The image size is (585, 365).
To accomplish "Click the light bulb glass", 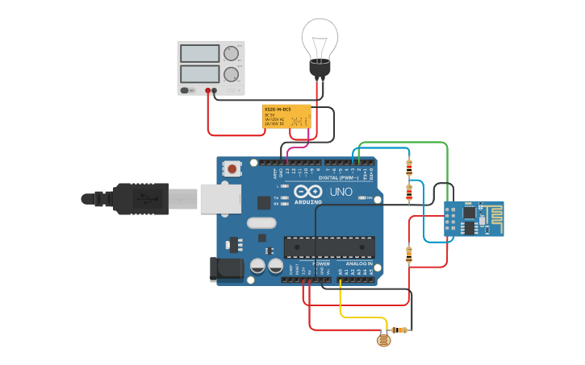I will [320, 38].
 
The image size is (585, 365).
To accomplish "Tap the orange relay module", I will [286, 115].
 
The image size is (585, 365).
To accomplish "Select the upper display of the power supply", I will [199, 53].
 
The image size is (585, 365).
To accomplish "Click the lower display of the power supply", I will [199, 74].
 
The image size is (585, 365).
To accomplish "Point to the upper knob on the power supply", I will [232, 53].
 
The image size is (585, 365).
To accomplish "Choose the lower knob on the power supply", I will [232, 75].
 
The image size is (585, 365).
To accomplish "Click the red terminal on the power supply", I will [208, 90].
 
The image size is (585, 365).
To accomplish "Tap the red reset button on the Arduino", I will [232, 169].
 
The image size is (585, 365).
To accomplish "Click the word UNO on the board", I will [341, 192].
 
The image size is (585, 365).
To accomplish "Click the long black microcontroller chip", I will [328, 247].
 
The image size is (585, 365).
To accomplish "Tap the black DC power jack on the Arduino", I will [227, 269].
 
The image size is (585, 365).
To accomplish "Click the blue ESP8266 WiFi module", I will [474, 218].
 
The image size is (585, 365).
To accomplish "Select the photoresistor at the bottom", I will [384, 340].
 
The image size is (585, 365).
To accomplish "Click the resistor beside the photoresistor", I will [399, 330].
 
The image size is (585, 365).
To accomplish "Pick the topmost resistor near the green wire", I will [409, 168].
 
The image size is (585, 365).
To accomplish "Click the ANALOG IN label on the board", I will [359, 263].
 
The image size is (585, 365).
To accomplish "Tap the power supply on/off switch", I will [186, 90].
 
